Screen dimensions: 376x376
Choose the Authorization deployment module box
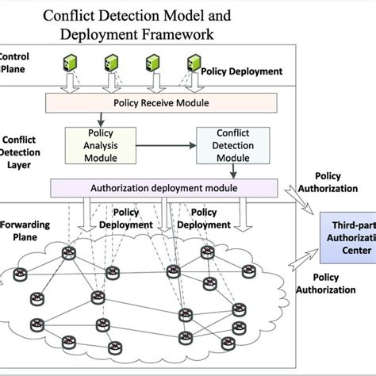(x=163, y=188)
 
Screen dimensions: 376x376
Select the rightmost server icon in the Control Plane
(x=193, y=64)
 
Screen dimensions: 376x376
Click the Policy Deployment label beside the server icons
(x=243, y=71)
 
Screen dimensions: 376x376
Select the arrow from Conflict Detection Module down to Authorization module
(x=229, y=171)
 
